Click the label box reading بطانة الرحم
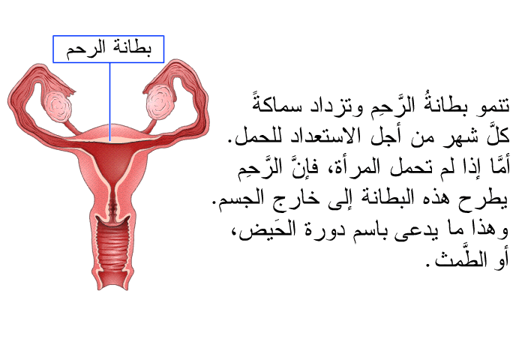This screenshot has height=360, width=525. pyautogui.click(x=109, y=49)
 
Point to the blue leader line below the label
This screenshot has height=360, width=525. pyautogui.click(x=109, y=102)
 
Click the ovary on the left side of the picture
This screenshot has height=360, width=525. pyautogui.click(x=58, y=106)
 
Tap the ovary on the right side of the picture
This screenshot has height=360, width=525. pyautogui.click(x=160, y=102)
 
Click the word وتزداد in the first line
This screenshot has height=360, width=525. pyautogui.click(x=335, y=107)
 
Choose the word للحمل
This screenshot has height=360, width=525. pyautogui.click(x=253, y=136)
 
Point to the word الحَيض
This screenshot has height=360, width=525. pyautogui.click(x=267, y=229)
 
